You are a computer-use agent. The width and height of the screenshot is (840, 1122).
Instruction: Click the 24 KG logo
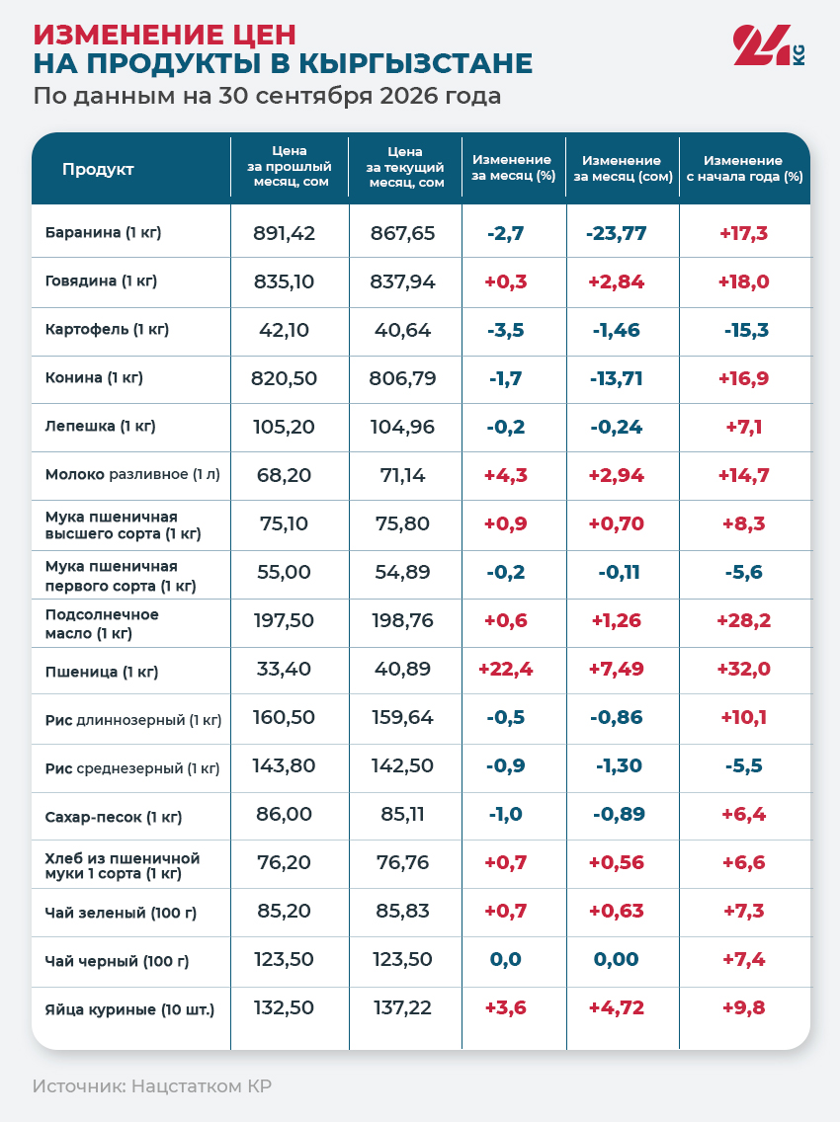769,45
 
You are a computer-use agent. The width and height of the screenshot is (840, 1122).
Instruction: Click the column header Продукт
98,170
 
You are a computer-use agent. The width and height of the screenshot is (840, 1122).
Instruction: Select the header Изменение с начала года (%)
745,168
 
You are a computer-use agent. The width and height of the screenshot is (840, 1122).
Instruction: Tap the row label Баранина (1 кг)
103,232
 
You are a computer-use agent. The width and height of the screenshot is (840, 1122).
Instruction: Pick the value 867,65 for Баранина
402,233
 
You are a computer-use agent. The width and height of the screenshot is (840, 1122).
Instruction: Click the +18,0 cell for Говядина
744,281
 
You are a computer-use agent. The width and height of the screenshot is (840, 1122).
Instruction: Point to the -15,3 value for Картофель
746,330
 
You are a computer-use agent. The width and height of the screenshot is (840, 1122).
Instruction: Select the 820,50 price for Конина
284,378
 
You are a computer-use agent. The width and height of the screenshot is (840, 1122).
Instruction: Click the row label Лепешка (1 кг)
100,427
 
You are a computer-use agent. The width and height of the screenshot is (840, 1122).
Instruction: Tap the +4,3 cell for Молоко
506,475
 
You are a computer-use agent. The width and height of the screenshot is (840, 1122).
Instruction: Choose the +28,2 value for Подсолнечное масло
744,620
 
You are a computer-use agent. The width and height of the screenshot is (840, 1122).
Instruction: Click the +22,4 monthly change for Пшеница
506,669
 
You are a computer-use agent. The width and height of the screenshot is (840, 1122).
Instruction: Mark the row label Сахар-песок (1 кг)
114,817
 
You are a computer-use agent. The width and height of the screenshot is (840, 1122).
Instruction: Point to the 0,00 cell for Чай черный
616,960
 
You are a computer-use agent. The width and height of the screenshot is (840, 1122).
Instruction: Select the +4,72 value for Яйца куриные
616,1007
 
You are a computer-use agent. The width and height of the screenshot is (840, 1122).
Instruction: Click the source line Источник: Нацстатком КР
152,1086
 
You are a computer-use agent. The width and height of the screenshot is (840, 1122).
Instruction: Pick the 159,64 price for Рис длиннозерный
402,717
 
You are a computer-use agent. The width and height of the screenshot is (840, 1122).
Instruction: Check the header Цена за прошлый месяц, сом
290,166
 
